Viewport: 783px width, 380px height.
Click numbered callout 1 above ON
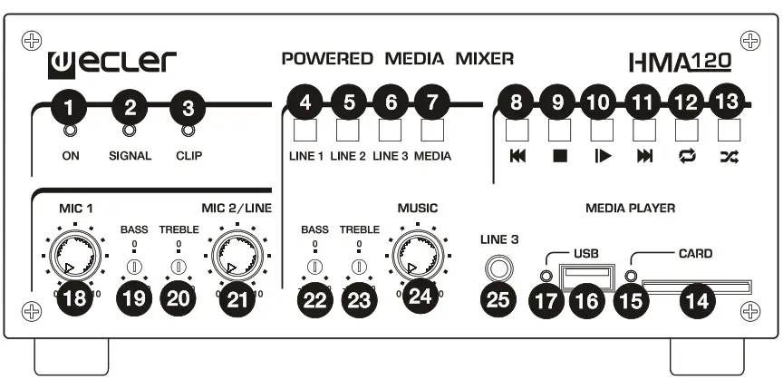pos(69,108)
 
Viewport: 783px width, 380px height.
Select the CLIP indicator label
pos(188,155)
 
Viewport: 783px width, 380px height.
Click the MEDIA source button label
pos(432,156)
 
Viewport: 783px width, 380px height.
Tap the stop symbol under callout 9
pos(559,156)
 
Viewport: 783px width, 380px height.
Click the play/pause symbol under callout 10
pos(601,156)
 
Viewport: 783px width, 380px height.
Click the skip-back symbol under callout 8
pos(517,156)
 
